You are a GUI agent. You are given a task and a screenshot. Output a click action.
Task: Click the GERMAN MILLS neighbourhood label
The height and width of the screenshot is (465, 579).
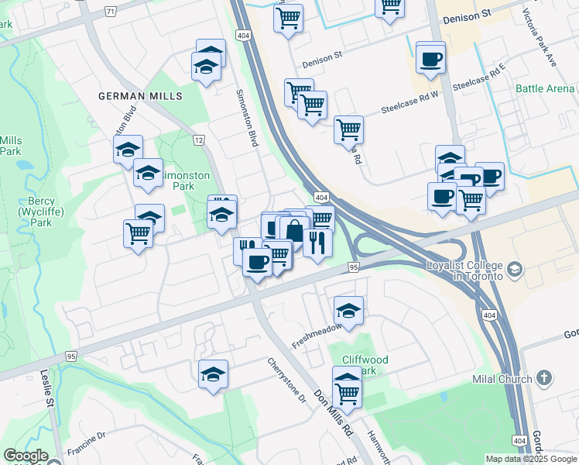point(140,96)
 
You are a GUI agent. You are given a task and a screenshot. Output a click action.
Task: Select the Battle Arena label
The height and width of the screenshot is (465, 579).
point(545,89)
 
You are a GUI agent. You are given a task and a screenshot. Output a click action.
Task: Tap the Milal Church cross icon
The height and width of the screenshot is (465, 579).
point(544,378)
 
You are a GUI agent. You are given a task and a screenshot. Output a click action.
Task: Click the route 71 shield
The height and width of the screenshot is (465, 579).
point(110,12)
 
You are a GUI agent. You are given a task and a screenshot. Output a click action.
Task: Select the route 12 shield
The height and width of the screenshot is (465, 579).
point(199,139)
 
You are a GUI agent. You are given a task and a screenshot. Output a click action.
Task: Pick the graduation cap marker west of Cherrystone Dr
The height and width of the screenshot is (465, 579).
point(213,375)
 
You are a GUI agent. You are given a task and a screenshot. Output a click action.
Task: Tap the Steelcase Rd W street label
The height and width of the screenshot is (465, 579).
point(409,102)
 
